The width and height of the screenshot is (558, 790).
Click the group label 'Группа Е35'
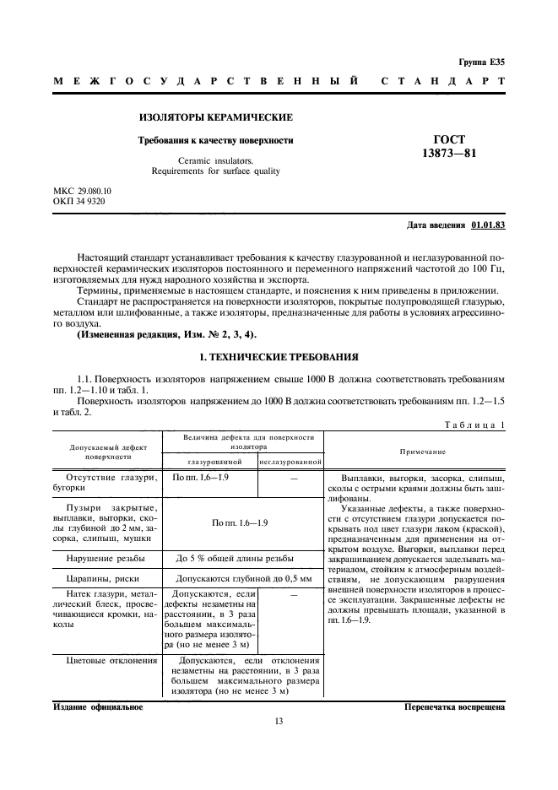[481, 62]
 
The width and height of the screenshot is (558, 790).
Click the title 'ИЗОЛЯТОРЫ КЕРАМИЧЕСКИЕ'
[215, 117]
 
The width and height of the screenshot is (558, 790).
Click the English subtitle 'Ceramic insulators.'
[215, 160]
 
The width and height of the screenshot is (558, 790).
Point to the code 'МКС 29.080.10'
[82, 191]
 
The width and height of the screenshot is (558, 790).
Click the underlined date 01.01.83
[488, 226]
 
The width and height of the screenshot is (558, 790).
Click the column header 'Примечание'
[416, 451]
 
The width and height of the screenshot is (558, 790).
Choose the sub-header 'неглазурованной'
[291, 462]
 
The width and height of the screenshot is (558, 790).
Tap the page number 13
[279, 721]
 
